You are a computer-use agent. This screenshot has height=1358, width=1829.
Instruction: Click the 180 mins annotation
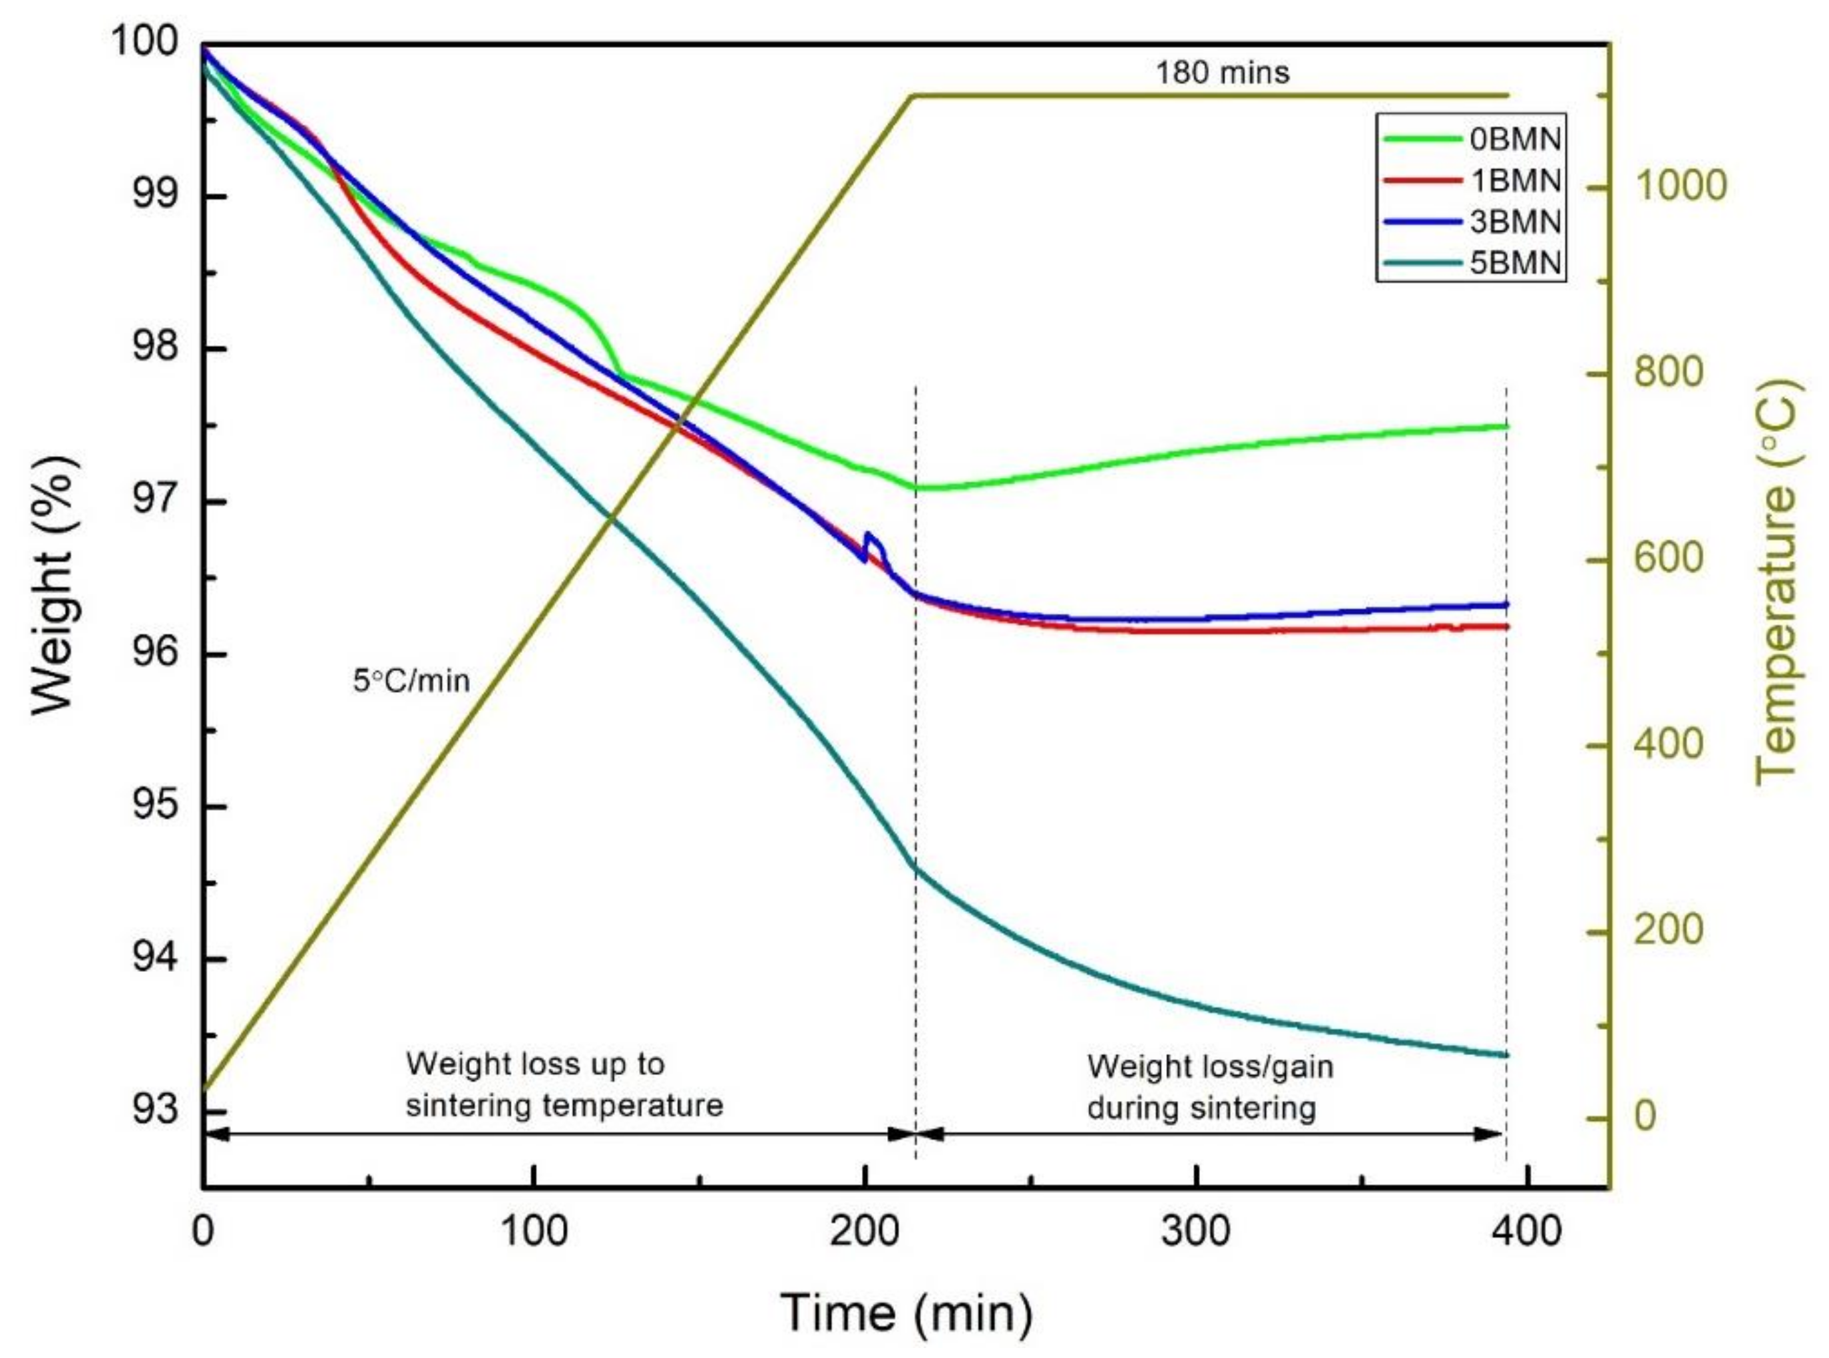click(1222, 73)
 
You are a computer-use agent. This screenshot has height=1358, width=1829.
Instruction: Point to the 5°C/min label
click(411, 680)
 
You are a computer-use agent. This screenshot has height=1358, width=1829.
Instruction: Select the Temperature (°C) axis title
click(1776, 581)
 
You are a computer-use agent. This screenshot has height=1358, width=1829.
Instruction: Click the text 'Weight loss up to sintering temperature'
click(564, 1084)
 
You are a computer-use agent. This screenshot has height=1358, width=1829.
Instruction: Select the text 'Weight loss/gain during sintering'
click(1209, 1086)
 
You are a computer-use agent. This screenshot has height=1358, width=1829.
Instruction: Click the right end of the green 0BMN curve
click(1506, 426)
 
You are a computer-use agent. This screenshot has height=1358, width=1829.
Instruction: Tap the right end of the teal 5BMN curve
click(1506, 1054)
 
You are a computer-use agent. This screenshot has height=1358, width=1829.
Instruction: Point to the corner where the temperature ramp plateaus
click(914, 96)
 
